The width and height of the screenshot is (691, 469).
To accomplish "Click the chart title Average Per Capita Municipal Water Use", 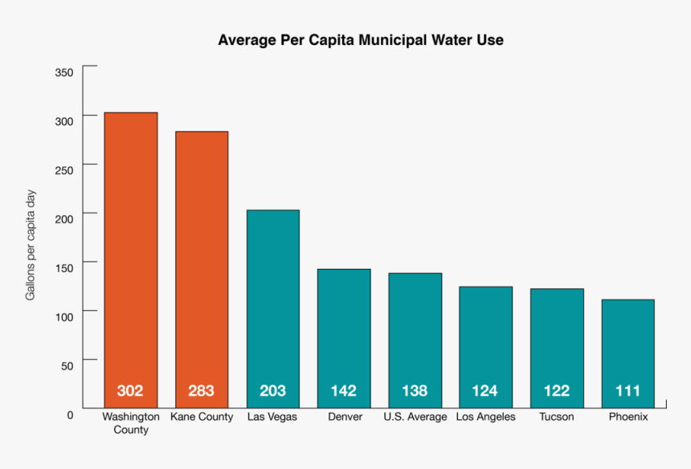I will pos(361,40).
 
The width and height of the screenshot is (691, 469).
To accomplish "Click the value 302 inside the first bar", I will pos(130,391).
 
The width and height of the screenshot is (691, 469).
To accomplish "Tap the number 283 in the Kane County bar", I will pos(202,391).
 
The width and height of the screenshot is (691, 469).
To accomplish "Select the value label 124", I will pos(485,391).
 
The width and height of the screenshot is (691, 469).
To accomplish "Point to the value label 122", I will pos(556,391).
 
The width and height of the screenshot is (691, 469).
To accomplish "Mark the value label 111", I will pos(628,391).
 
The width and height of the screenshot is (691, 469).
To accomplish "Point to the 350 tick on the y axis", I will pos(64,72).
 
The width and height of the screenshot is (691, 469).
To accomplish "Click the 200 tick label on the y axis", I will pos(64,218).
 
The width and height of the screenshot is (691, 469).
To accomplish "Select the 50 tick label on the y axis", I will pos(67,365).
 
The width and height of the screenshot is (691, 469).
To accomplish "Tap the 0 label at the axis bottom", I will pos(71,414).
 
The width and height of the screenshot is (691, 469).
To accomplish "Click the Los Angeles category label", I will pos(485,417).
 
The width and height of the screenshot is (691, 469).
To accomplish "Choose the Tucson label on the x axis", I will pos(556,417).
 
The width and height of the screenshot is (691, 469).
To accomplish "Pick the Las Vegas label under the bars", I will pos(272,417).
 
